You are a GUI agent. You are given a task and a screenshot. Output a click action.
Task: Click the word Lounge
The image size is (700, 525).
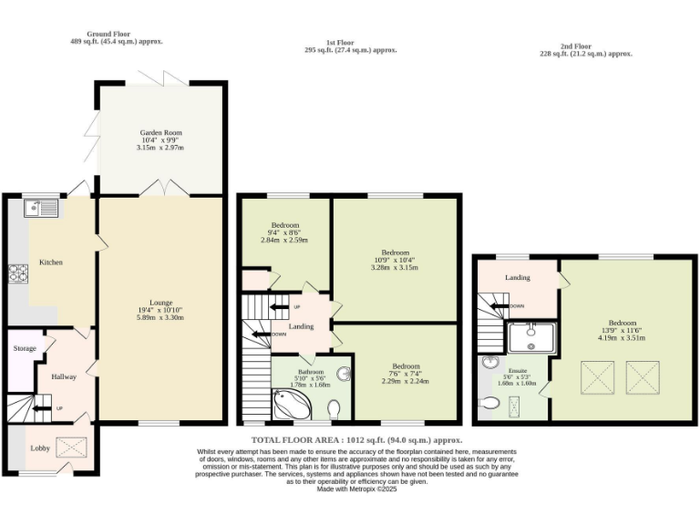coord(160,303)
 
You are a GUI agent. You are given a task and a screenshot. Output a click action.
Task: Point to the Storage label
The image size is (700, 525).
coord(25,348)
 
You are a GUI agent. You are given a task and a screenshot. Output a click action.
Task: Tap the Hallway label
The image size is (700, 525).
coord(64,376)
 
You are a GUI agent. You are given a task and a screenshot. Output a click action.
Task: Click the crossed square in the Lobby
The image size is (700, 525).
coord(70,447)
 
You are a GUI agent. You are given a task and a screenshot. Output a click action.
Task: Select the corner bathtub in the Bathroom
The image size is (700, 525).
coord(290,405)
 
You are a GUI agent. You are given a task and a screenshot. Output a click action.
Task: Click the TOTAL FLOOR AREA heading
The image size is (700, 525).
coord(349,440)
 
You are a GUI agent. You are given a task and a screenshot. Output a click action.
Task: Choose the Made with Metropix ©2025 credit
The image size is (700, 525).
coord(356,489)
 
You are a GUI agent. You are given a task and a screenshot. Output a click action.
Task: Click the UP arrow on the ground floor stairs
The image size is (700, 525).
coord(44,408)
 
